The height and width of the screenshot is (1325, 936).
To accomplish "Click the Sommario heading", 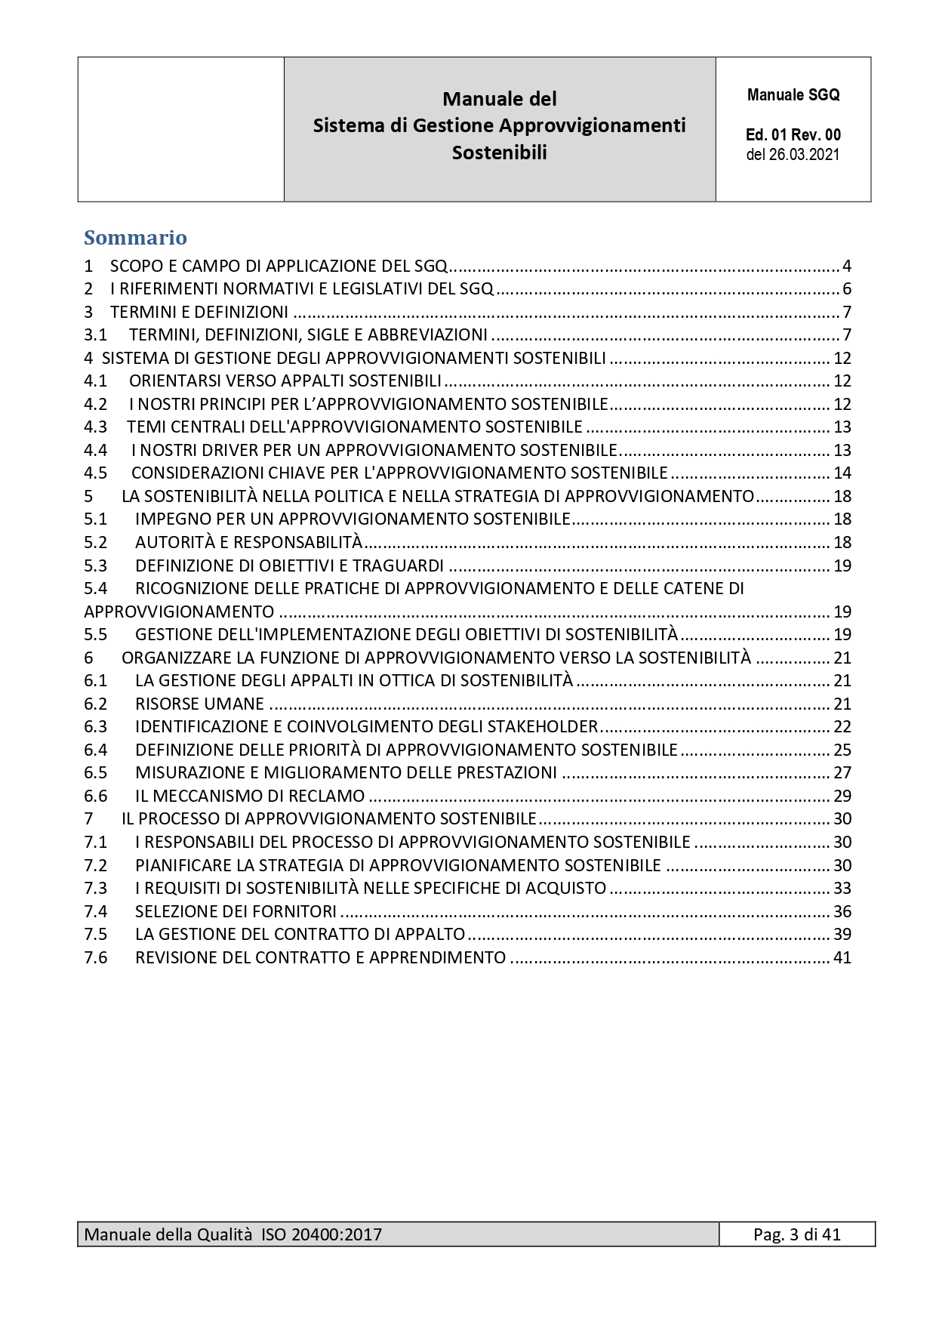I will pyautogui.click(x=135, y=238).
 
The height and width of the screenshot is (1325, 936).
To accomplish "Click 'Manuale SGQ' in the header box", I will pyautogui.click(x=793, y=95).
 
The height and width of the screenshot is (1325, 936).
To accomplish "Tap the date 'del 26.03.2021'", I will pyautogui.click(x=793, y=155).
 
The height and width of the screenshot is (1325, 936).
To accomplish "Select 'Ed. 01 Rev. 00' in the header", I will pyautogui.click(x=793, y=135).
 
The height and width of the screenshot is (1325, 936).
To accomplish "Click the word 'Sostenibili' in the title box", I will pyautogui.click(x=499, y=153).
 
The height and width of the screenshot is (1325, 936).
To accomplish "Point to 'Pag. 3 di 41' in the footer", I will pyautogui.click(x=796, y=1234).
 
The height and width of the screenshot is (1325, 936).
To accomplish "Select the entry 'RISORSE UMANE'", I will pyautogui.click(x=199, y=704).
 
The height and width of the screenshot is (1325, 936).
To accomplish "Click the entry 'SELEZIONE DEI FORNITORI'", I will pyautogui.click(x=236, y=911).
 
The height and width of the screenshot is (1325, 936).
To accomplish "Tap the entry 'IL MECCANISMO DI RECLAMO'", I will pyautogui.click(x=250, y=796).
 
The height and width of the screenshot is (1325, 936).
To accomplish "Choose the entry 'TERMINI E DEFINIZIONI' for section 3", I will pyautogui.click(x=199, y=312).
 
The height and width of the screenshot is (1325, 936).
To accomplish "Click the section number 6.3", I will pyautogui.click(x=96, y=726).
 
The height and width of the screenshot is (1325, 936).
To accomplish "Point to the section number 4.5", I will pyautogui.click(x=96, y=473).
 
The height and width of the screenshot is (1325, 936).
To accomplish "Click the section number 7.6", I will pyautogui.click(x=96, y=957).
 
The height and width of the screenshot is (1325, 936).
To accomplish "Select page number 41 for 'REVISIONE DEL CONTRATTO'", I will pyautogui.click(x=842, y=957).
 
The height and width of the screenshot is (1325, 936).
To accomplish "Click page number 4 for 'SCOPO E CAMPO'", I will pyautogui.click(x=847, y=266).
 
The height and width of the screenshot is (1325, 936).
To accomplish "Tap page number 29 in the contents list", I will pyautogui.click(x=842, y=796).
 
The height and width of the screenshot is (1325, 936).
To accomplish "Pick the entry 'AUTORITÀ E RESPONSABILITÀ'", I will pyautogui.click(x=248, y=542).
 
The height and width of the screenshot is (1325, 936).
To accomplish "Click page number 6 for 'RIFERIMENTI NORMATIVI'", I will pyautogui.click(x=847, y=288).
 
